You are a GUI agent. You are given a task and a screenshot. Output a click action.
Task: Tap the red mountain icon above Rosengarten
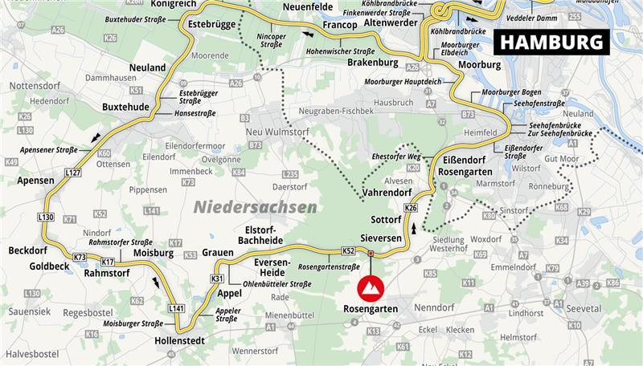coord(371,287)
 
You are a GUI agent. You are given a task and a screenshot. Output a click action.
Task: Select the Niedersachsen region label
coord(255,207)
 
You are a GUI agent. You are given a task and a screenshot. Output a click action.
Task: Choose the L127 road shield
coord(73,173)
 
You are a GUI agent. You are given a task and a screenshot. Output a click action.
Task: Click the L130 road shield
coord(45,217)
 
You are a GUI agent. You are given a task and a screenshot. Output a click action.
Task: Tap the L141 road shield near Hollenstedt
coord(176,308)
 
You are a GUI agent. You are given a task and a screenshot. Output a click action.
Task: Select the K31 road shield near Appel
coord(217,279)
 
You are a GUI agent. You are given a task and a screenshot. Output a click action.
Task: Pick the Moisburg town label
coord(154,253)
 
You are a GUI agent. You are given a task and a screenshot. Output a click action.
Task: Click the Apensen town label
coord(36,181)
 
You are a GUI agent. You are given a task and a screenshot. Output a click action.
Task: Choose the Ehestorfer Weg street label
coord(397,157)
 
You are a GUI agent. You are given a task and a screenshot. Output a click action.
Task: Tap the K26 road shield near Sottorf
coord(412,209)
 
